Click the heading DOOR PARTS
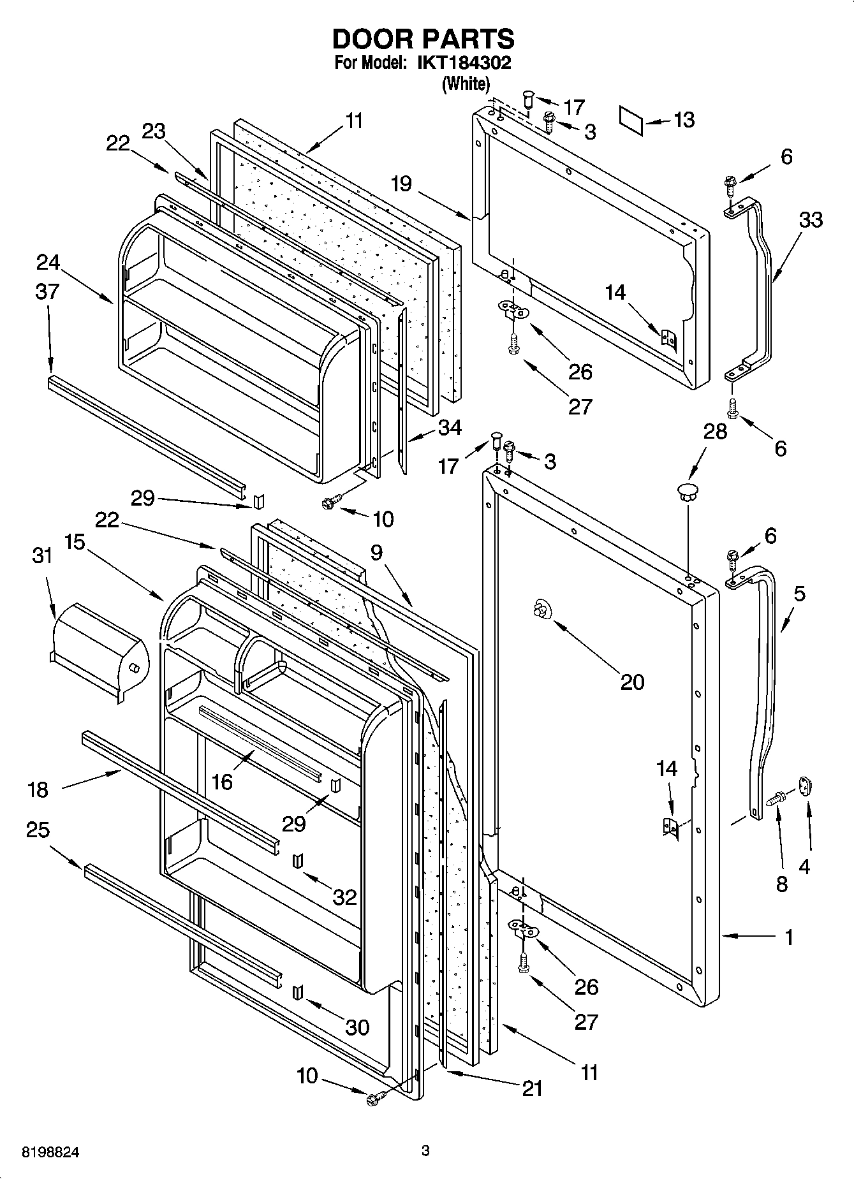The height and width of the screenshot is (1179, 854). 423,39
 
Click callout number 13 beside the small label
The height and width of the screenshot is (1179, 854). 684,119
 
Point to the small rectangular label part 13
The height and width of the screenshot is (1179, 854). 632,121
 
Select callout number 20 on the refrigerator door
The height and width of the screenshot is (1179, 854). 633,682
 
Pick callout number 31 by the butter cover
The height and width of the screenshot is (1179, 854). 43,555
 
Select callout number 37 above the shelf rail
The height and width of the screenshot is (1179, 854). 47,291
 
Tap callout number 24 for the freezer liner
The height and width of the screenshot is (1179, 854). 48,262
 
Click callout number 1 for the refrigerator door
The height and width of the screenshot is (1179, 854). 789,937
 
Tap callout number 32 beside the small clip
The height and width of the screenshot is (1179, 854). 344,897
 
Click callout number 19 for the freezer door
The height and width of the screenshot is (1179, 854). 401,184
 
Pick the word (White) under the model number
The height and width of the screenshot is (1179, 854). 466,84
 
